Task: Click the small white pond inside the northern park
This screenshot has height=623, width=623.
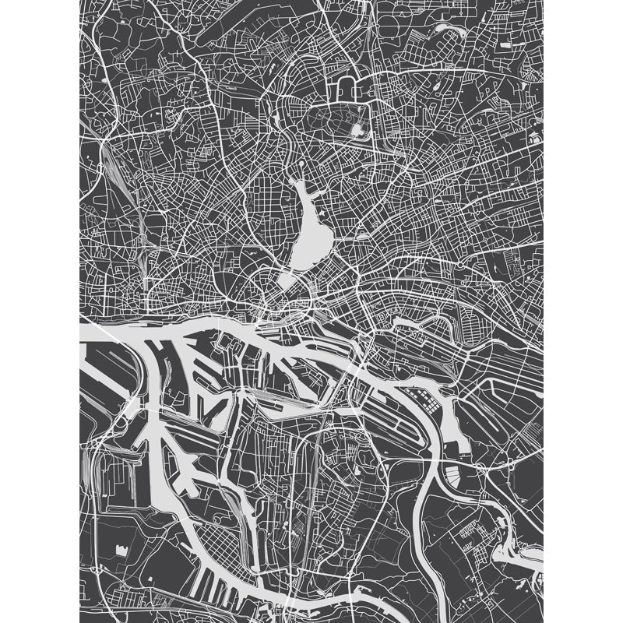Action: click(357, 130)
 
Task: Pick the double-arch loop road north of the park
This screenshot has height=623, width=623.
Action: click(347, 87)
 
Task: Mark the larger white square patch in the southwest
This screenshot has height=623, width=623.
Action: click(121, 549)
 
